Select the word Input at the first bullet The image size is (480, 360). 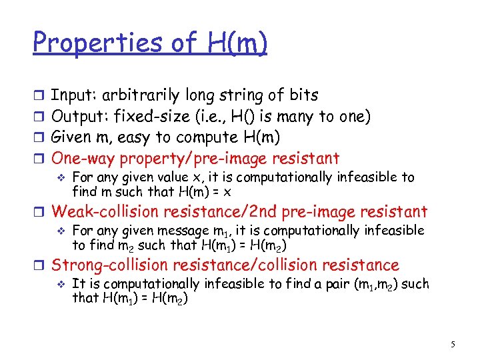pos(71,95)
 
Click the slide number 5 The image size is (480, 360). pos(453,345)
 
